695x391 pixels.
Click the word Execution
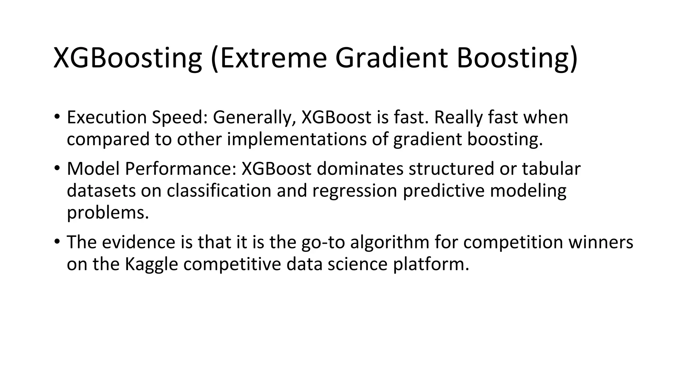click(x=107, y=117)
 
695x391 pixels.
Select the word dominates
click(x=360, y=169)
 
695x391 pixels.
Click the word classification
click(x=219, y=191)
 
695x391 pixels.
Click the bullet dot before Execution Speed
click(x=57, y=117)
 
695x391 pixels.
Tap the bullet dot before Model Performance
click(x=57, y=168)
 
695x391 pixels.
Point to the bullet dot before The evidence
click(x=57, y=242)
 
